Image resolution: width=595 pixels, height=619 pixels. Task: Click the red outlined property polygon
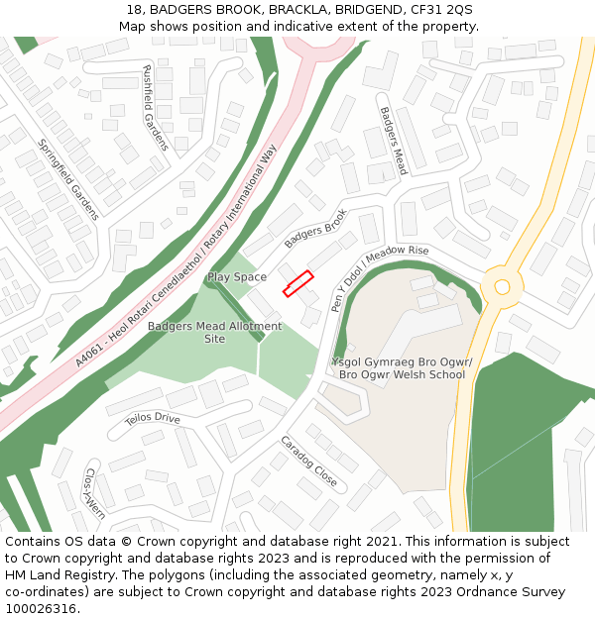[x=298, y=283]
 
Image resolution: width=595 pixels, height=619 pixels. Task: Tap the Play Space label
[x=236, y=277]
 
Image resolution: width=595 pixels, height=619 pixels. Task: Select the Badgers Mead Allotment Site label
[x=214, y=332]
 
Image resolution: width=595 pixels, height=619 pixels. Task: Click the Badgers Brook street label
[x=315, y=229]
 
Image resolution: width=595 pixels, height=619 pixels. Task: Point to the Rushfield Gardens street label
[x=156, y=108]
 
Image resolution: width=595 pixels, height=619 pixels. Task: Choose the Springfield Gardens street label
[x=68, y=179]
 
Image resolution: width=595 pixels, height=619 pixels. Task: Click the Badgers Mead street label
[x=394, y=141]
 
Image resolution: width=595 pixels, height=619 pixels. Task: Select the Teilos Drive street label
[x=153, y=419]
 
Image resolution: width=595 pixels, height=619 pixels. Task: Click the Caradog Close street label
[x=308, y=462]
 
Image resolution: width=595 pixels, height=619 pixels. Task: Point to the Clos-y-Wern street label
[x=94, y=493]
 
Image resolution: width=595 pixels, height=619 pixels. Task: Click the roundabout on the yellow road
[x=502, y=287]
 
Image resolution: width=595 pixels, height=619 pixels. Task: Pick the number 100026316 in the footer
[x=41, y=608]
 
